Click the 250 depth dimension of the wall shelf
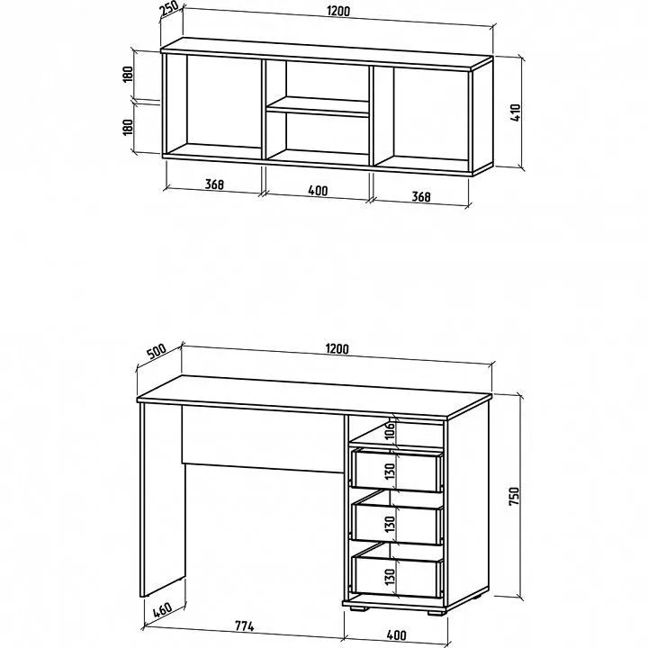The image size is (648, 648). click(169, 9)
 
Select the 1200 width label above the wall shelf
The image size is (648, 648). click(338, 11)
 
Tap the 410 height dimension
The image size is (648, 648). click(516, 112)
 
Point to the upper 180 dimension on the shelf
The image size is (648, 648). click(128, 75)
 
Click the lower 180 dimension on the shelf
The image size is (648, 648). click(128, 127)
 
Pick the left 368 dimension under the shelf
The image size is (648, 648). click(214, 184)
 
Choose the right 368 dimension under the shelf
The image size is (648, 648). click(421, 197)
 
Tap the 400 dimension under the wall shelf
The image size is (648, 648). click(318, 191)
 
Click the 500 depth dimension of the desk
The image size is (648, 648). click(157, 352)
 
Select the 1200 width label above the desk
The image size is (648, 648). click(337, 349)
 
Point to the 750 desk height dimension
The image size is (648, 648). click(514, 496)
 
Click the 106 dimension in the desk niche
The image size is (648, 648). click(390, 431)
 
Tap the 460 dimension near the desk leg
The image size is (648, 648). click(162, 610)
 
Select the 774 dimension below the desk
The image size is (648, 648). click(245, 626)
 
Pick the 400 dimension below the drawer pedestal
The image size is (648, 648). click(397, 634)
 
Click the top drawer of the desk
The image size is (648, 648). click(397, 471)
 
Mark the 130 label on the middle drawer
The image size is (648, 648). click(390, 523)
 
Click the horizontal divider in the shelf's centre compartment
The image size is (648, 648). click(318, 106)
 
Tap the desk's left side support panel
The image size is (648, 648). click(163, 500)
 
